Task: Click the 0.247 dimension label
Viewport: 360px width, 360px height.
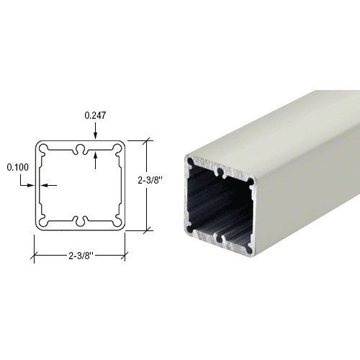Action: coord(95,115)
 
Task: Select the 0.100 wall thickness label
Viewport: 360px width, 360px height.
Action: coord(18,167)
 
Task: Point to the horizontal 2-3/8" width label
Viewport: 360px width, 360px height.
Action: coord(81,256)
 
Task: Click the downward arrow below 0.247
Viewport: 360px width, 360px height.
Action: coord(95,131)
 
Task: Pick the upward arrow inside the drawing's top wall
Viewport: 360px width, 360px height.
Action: coord(95,161)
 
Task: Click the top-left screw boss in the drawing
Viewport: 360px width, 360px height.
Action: coord(44,148)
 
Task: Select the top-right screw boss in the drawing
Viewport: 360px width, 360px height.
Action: coord(117,148)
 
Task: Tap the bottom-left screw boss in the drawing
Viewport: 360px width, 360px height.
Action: coord(44,222)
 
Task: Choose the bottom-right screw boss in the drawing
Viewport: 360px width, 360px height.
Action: coord(117,222)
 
